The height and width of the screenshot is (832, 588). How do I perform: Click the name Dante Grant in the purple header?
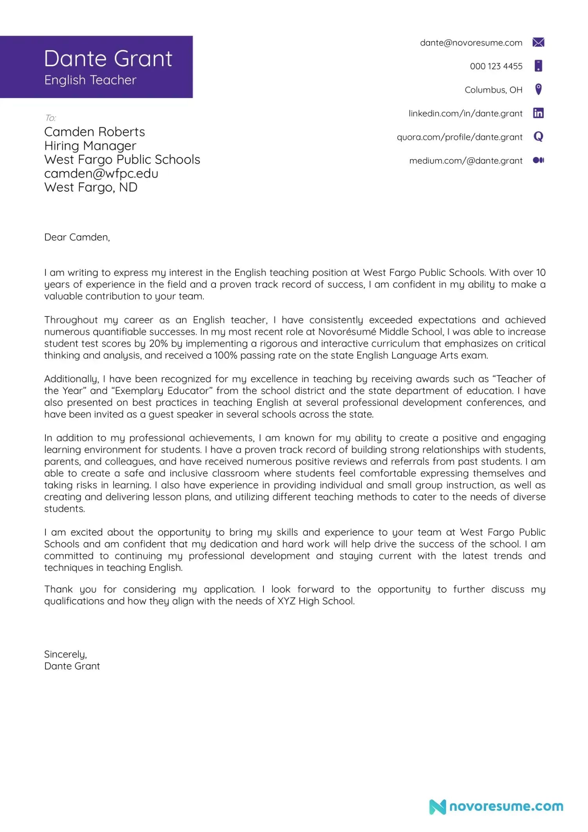point(108,59)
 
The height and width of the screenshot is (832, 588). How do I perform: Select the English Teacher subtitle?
point(90,80)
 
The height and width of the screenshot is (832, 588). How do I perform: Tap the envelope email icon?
point(538,42)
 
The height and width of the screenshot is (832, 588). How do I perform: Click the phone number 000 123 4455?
point(496,66)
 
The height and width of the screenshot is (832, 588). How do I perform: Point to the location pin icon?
point(538,89)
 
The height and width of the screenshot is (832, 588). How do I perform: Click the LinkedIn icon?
point(538,113)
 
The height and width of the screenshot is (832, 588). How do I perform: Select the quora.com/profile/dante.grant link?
point(459,137)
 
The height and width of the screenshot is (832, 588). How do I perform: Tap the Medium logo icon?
point(538,160)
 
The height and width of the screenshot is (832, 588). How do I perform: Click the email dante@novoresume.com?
point(471,43)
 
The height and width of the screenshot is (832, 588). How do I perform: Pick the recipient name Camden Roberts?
point(94,132)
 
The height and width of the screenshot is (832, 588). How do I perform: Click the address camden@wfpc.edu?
point(101,173)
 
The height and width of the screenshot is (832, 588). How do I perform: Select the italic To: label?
point(51,118)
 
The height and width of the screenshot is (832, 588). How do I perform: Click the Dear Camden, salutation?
point(77,237)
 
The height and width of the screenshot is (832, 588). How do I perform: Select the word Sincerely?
point(65,654)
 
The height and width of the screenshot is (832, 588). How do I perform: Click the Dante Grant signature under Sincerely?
point(72,666)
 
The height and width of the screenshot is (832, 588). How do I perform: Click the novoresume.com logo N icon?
point(437,807)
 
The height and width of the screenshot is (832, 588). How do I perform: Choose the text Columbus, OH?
point(493,90)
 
